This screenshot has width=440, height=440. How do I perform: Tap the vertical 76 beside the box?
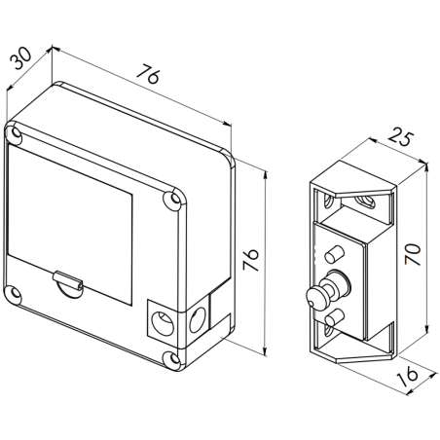250,260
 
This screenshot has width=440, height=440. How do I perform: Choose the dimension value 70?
413,255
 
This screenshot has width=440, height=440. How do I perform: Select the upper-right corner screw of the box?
175,202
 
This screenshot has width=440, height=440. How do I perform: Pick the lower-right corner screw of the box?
173,356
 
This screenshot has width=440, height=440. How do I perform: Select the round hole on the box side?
197,316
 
